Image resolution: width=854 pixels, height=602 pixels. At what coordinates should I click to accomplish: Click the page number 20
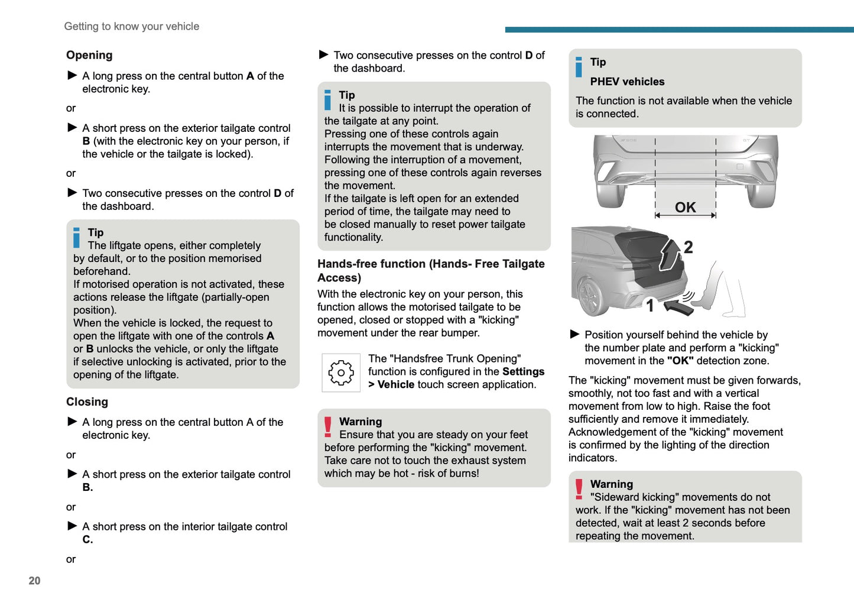(34, 581)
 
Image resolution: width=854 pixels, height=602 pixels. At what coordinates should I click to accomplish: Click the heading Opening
(89, 55)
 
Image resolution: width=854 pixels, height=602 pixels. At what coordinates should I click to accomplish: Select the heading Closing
(87, 402)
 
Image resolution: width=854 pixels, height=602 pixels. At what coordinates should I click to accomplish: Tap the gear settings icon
(341, 373)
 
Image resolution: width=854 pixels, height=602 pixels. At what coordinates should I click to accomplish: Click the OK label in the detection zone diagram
(685, 207)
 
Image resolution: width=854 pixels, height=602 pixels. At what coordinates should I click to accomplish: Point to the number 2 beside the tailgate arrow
(688, 247)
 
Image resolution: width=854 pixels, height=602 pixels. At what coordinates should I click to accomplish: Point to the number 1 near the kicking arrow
(650, 305)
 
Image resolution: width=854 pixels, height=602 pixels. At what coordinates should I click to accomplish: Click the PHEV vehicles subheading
(627, 82)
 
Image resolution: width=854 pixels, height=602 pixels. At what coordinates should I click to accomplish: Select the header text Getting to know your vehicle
(131, 26)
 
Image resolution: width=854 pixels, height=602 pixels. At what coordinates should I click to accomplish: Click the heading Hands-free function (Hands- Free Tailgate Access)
(431, 270)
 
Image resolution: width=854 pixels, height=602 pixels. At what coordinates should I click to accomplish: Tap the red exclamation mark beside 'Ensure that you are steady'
(328, 427)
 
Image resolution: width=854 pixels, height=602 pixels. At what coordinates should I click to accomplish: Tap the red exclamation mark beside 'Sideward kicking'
(579, 489)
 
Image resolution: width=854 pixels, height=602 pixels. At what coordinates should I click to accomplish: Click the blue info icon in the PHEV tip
(579, 67)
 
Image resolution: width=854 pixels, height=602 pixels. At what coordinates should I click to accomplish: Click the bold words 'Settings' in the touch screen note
(523, 371)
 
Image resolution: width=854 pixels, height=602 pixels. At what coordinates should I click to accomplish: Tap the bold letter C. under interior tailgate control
(87, 539)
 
